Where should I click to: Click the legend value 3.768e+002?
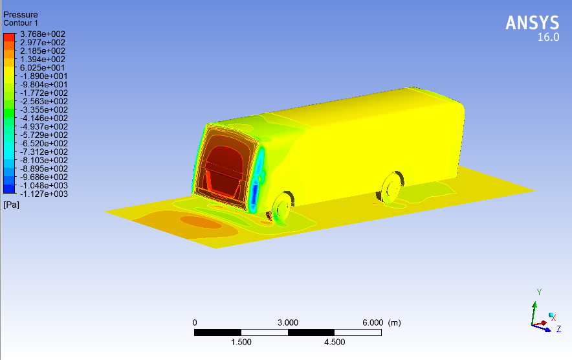click(42, 34)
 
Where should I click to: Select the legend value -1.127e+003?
click(44, 194)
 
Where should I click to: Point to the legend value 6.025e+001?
click(42, 67)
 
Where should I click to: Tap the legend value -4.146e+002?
click(44, 118)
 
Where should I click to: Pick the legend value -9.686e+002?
click(44, 177)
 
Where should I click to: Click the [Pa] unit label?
click(11, 205)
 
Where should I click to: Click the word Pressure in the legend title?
click(21, 15)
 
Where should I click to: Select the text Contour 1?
click(21, 23)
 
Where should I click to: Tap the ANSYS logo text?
click(533, 23)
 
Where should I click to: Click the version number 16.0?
click(548, 38)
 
